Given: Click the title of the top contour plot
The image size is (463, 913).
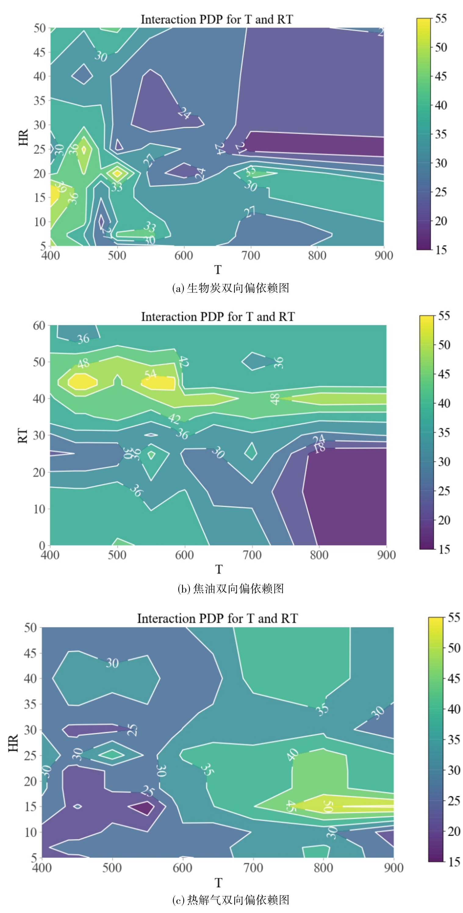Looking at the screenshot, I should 217,19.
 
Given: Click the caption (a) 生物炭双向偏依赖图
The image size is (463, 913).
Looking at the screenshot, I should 231,288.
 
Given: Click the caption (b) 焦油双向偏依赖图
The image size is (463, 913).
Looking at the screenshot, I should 231,588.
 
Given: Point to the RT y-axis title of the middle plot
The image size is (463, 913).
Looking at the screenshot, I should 22,435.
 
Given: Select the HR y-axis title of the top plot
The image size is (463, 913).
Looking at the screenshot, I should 23,137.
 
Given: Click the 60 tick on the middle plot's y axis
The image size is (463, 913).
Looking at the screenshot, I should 39,325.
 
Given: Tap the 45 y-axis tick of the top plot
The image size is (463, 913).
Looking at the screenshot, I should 40,52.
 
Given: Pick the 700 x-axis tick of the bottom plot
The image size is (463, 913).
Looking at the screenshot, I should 253,868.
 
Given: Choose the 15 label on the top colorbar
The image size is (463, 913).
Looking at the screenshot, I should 441,250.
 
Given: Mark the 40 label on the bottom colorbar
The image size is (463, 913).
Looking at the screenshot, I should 454,709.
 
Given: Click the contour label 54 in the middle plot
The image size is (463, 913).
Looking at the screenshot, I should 150,374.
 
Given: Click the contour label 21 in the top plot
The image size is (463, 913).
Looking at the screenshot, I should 241,148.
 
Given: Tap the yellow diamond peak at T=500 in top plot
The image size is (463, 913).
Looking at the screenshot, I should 117,173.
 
